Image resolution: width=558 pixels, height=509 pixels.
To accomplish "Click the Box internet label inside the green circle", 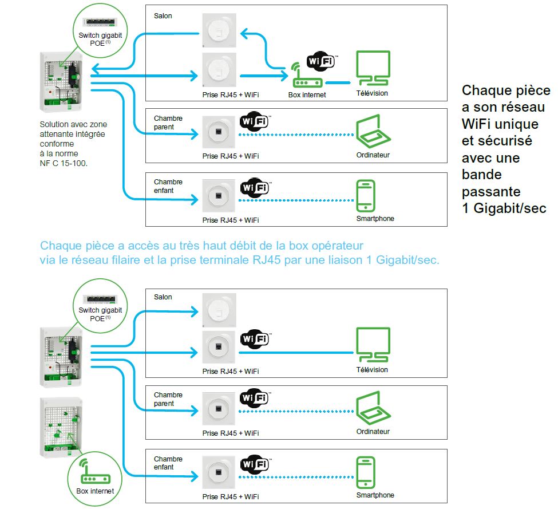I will (x=95, y=491).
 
